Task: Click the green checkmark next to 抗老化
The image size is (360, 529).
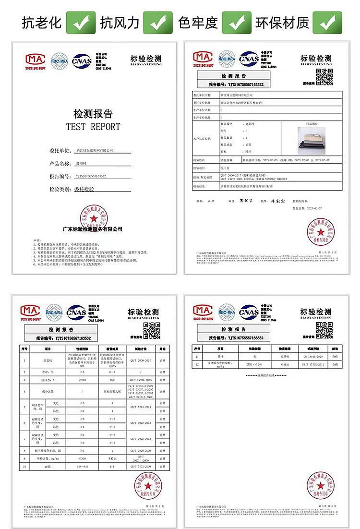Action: (80, 22)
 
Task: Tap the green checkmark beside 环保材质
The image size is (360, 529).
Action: (328, 22)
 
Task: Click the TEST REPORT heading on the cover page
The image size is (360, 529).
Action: (93, 127)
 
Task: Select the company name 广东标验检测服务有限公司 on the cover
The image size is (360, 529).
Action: (93, 229)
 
